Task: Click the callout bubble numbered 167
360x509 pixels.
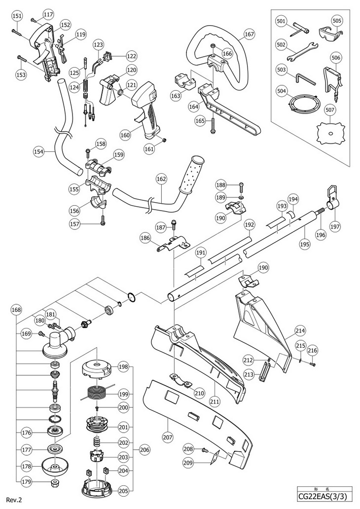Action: [x=250, y=34]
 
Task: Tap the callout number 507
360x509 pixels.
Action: [x=329, y=110]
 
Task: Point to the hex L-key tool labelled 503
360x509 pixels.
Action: [x=305, y=78]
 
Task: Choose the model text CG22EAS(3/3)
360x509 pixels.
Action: [x=324, y=497]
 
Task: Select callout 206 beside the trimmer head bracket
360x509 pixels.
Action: [x=144, y=450]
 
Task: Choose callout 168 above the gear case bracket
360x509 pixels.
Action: [x=16, y=310]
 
